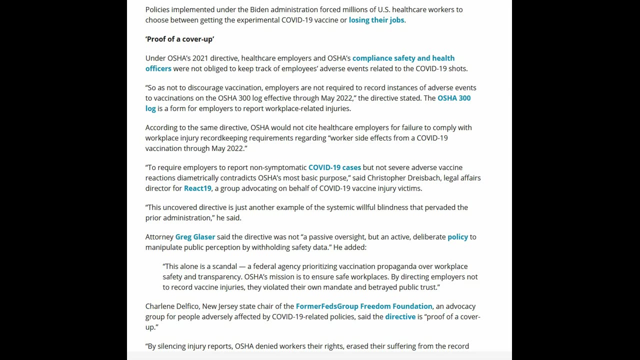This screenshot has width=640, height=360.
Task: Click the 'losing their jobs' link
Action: pos(376,20)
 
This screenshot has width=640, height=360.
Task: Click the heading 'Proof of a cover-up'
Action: pos(179,39)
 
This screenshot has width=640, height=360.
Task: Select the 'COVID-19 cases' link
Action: pos(334,167)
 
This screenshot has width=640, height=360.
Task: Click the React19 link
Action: pos(197,188)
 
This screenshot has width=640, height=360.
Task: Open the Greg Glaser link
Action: pos(195,237)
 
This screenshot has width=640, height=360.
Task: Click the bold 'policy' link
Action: pos(457,237)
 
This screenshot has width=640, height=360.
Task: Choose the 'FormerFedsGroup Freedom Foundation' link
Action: pos(364,306)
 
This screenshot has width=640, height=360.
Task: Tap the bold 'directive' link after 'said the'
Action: pos(400,316)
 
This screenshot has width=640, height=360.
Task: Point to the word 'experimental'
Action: pos(257,20)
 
